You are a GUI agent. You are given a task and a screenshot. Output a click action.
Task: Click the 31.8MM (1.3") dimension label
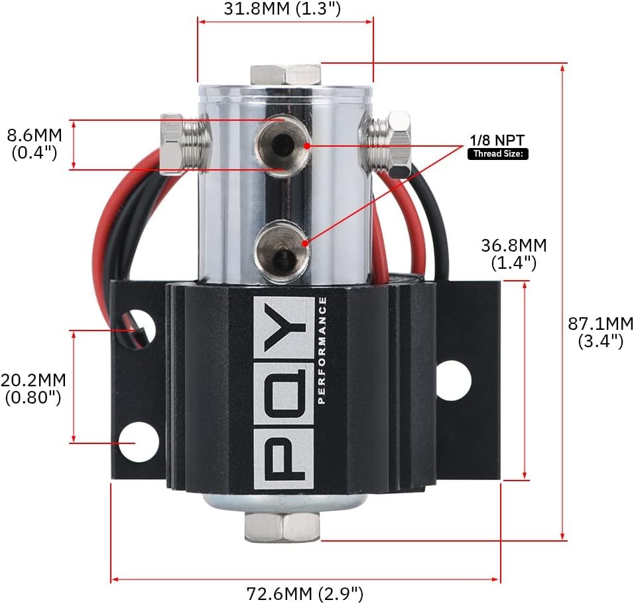tap(283, 9)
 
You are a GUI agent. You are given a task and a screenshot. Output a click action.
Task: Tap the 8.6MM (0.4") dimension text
tap(34, 143)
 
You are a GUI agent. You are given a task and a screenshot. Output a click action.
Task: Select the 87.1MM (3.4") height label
tap(600, 333)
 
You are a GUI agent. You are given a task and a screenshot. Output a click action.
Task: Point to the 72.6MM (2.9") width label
tap(305, 594)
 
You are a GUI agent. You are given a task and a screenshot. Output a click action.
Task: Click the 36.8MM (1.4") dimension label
tap(513, 254)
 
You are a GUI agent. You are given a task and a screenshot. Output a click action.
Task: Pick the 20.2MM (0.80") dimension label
tap(33, 389)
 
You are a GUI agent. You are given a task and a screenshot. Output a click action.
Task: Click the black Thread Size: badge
tap(498, 154)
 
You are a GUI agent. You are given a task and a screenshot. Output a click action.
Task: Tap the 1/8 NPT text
tap(497, 141)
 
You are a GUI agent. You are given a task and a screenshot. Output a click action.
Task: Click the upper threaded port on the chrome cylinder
tap(281, 145)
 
